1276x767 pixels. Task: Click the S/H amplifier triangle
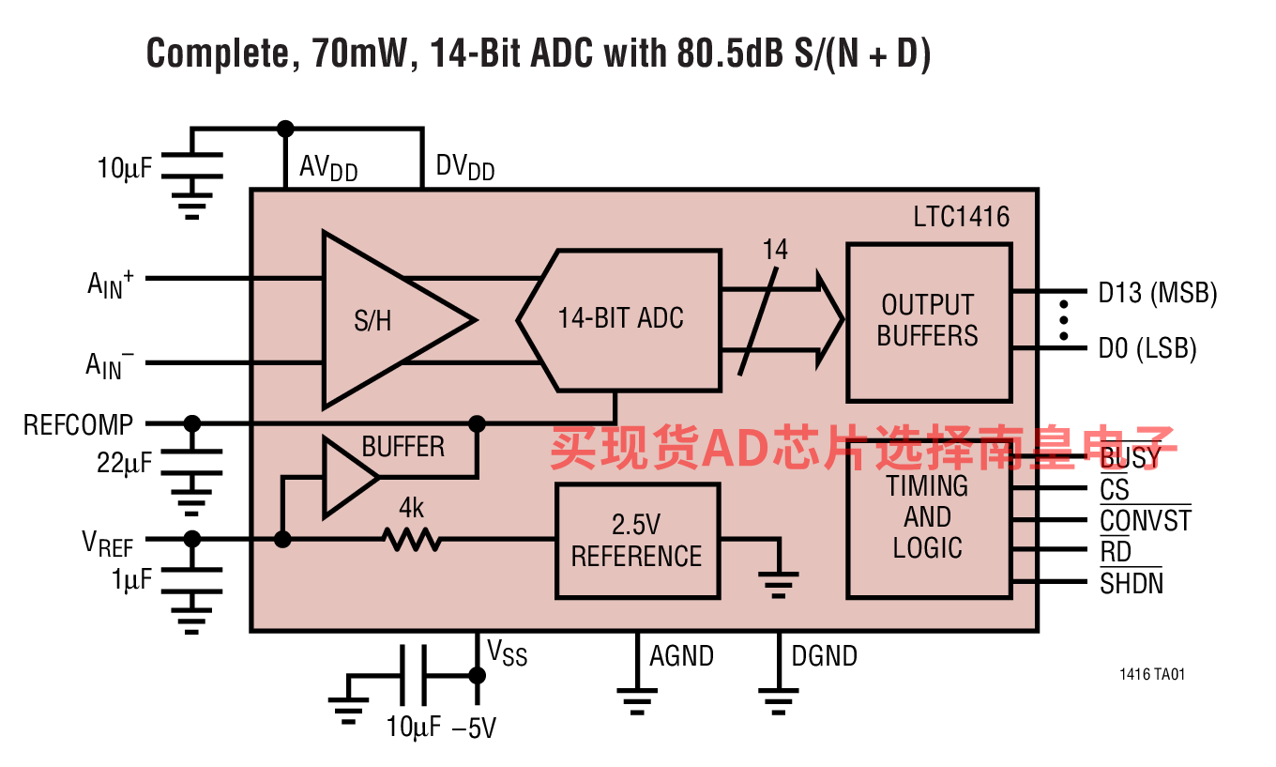click(385, 321)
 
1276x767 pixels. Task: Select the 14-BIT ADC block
click(620, 319)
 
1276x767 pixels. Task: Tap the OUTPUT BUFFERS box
click(929, 321)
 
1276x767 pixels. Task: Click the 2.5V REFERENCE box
click(637, 541)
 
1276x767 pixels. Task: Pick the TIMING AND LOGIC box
click(928, 518)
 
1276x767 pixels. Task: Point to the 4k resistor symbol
click(411, 540)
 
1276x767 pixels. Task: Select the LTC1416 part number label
click(962, 218)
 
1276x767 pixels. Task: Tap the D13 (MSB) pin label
click(1158, 293)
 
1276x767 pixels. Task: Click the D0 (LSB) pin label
click(1148, 349)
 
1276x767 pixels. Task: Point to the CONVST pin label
click(1146, 520)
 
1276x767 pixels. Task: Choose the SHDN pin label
click(1132, 583)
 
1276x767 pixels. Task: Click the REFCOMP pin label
click(79, 424)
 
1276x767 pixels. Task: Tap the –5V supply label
click(473, 729)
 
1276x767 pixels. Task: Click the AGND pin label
click(682, 656)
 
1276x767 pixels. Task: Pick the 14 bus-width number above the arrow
click(775, 251)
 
